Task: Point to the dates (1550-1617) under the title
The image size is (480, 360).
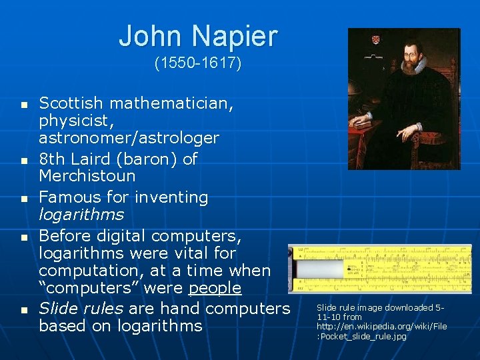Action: [198, 64]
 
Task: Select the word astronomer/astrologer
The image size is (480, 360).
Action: [129, 138]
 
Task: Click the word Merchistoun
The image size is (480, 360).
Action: [87, 176]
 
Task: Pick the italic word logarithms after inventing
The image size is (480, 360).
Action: [81, 215]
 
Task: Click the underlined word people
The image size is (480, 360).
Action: [215, 288]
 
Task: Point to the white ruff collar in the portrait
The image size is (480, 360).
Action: [414, 67]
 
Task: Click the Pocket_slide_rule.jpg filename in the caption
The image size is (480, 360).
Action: [361, 336]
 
